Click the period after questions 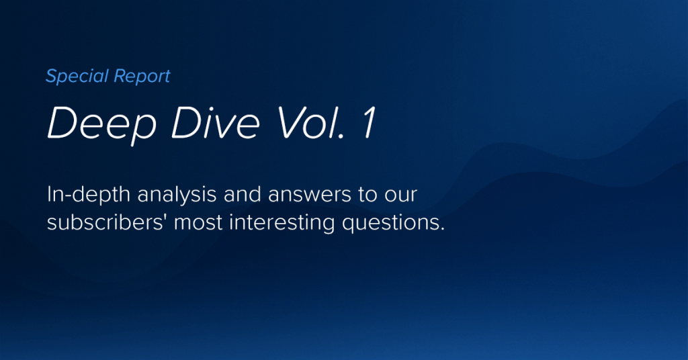tap(442, 228)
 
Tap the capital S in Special tap(51, 76)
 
